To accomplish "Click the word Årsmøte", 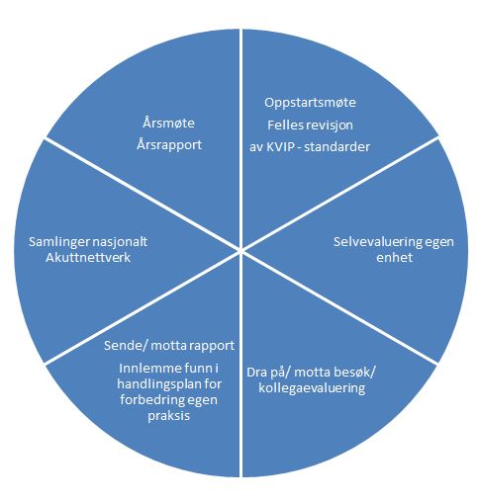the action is point(168,123).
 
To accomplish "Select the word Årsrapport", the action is point(169,145).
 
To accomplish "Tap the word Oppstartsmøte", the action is point(310,103).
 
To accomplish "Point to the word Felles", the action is point(282,125).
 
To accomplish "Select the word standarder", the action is point(336,147).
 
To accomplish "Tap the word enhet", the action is point(394,257).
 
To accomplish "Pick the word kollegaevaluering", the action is point(312,388).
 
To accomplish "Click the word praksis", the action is point(169,416).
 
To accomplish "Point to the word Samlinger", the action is point(58,242).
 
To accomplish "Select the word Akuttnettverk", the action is point(88,257).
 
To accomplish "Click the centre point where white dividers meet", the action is point(240,250).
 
